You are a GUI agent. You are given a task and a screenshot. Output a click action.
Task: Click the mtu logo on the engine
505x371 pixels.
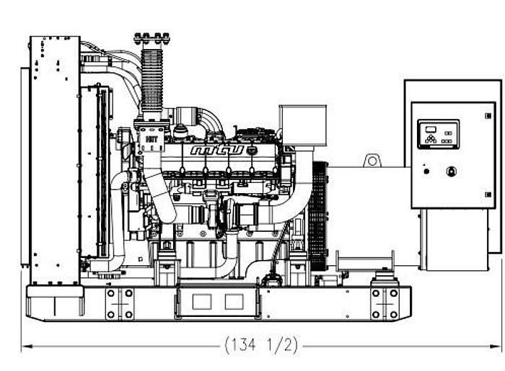coord(217,151)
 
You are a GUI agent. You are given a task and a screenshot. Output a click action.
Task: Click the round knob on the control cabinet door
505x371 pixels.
coord(452,171)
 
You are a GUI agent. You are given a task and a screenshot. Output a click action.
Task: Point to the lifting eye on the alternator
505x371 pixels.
coord(372,159)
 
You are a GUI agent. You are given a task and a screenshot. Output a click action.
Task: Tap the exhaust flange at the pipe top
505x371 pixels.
coord(151,37)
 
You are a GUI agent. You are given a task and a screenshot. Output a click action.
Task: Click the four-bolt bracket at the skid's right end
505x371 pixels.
coord(385,303)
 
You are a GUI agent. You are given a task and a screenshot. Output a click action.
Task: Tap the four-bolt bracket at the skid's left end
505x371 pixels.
coord(119,303)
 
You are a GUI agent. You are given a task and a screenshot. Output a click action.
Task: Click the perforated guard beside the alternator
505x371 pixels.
coord(317,216)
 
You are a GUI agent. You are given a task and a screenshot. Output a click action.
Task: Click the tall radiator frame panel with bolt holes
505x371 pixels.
coord(54,158)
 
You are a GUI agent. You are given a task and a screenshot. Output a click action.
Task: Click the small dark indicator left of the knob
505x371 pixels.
coord(426,171)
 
